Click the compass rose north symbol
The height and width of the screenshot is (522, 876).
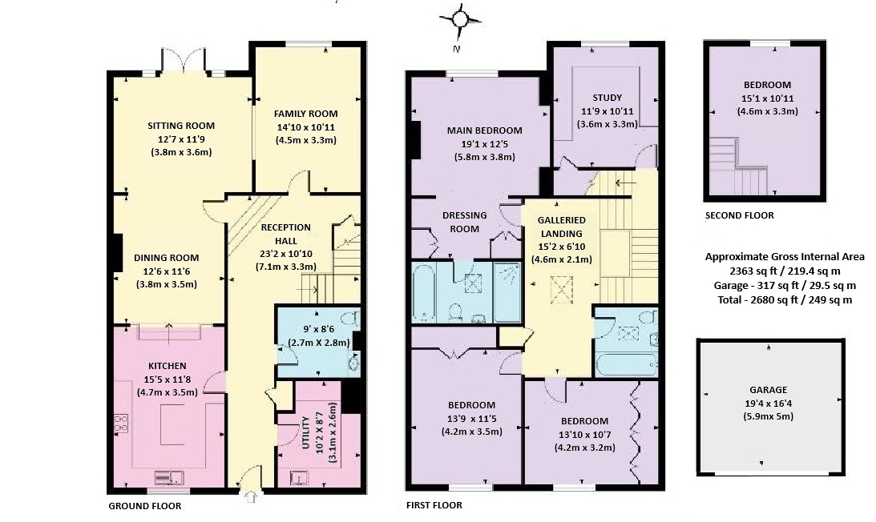tap(460, 20)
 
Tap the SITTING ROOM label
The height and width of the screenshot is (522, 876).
tap(181, 126)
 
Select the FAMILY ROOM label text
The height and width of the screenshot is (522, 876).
tap(305, 114)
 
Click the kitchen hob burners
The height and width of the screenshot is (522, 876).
tap(121, 424)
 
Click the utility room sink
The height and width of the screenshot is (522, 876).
tap(298, 479)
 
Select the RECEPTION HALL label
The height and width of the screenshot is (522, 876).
tap(286, 234)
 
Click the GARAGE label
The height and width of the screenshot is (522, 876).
tap(769, 390)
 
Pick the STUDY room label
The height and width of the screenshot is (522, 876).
tap(608, 98)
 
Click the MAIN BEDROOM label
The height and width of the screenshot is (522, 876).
tap(484, 130)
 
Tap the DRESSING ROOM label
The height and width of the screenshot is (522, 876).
tap(465, 223)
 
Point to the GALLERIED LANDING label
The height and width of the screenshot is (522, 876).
tap(562, 227)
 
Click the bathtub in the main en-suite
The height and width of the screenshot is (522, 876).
tap(425, 293)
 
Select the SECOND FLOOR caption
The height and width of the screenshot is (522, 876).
tap(740, 215)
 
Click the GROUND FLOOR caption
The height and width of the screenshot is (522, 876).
tap(145, 506)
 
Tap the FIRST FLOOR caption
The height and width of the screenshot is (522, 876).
tap(434, 505)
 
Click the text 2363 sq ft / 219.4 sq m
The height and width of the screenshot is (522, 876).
tap(785, 271)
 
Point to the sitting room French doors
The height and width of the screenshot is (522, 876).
tap(184, 60)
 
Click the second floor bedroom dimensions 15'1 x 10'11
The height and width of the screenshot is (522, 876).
tap(767, 98)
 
